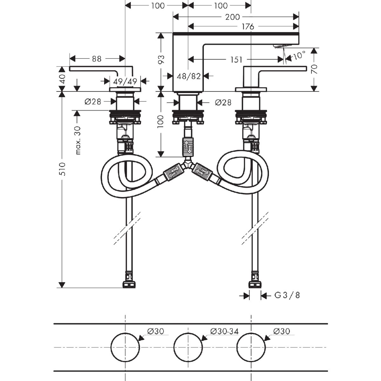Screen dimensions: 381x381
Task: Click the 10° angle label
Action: (298, 56)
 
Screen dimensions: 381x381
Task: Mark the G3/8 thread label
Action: (287, 296)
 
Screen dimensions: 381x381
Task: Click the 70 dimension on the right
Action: (314, 69)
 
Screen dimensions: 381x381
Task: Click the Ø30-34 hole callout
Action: (224, 331)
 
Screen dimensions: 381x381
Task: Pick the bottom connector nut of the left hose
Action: (129, 284)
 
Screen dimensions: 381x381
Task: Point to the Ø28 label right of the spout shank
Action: (223, 102)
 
